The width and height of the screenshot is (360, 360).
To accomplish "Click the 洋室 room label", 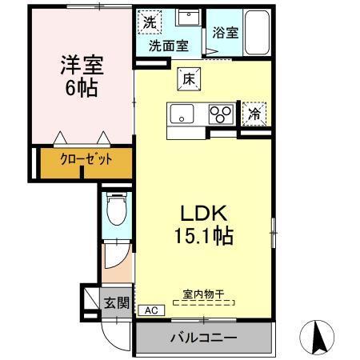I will pos(81,65).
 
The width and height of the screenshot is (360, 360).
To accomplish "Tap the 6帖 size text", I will pos(81,87).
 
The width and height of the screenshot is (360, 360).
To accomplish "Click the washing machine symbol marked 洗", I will pos(149,22).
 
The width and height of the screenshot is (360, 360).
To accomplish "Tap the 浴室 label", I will pos(226,33).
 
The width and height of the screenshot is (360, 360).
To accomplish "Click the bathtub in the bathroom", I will pos(255,33).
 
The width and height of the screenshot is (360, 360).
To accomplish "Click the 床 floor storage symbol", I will pos(188,78).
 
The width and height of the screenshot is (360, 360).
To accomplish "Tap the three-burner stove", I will pos(220,114).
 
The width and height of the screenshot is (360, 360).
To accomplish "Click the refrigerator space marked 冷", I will pos(254,113).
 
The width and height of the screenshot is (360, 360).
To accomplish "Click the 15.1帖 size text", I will pos(204,236).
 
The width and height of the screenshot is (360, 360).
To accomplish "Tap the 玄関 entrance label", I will pos(116,302).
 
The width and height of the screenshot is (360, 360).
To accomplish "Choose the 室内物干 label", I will pos(203,295).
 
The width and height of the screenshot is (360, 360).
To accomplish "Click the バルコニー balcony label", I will pos(203,338).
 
